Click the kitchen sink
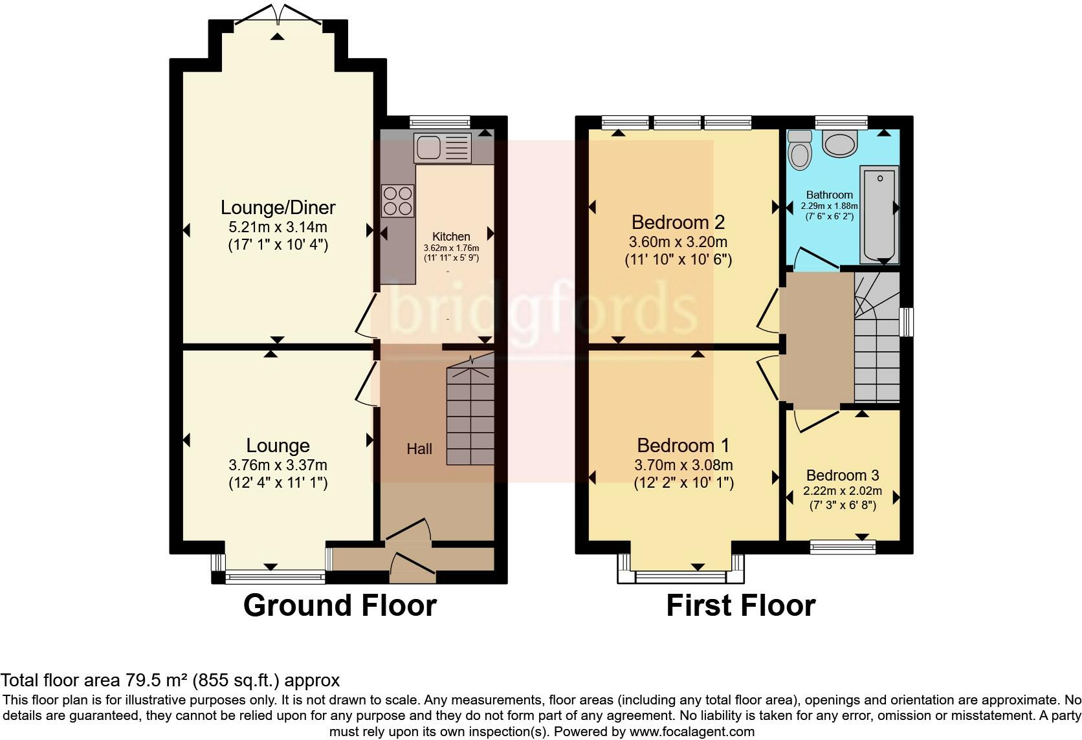pos(443,147)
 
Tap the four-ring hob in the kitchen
pos(397,201)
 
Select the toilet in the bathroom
pos(799,149)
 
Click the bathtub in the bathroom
pos(879,214)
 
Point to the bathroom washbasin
pos(841,143)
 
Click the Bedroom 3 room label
pos(843,475)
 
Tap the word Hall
pos(419,450)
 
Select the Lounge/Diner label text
pos(278,208)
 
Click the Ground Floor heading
pos(340,605)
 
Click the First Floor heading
pos(741,605)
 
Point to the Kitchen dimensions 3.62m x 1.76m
pos(451,248)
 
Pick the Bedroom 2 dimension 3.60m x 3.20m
pos(678,242)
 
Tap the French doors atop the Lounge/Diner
pos(277,16)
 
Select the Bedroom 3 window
pos(843,547)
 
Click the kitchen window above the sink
pos(439,122)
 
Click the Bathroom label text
pos(830,195)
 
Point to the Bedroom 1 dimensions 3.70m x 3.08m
pos(683,465)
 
